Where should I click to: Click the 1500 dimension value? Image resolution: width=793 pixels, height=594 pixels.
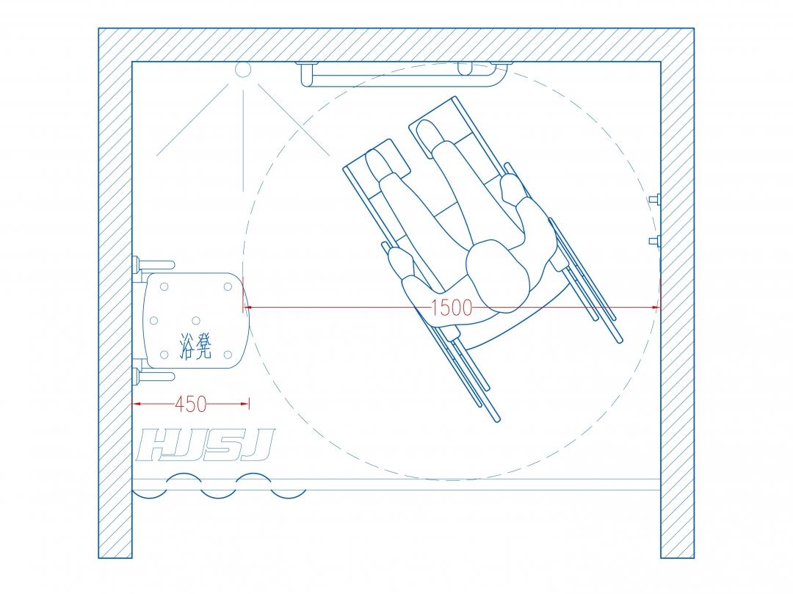(x=452, y=308)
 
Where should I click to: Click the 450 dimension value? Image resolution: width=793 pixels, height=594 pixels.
(x=191, y=404)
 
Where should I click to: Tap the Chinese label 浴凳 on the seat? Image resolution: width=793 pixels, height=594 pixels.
(x=195, y=346)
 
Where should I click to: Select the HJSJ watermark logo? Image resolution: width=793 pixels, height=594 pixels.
(x=206, y=445)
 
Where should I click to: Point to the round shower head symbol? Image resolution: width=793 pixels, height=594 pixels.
(x=243, y=70)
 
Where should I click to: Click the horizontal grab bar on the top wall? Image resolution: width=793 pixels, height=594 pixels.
(x=405, y=76)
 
